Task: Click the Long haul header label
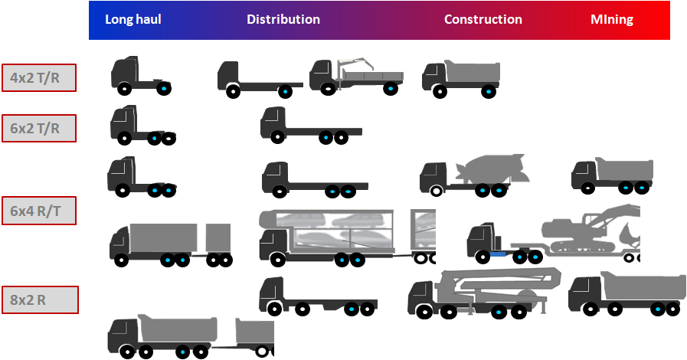tap(133, 20)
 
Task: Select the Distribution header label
tap(283, 20)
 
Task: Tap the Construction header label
tap(483, 20)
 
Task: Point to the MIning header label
tap(612, 20)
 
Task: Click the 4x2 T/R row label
tap(38, 77)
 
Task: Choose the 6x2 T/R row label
tap(38, 128)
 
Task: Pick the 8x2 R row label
tap(38, 299)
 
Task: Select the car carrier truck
tap(345, 234)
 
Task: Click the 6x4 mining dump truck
tap(613, 175)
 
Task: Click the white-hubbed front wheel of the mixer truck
tap(436, 190)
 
